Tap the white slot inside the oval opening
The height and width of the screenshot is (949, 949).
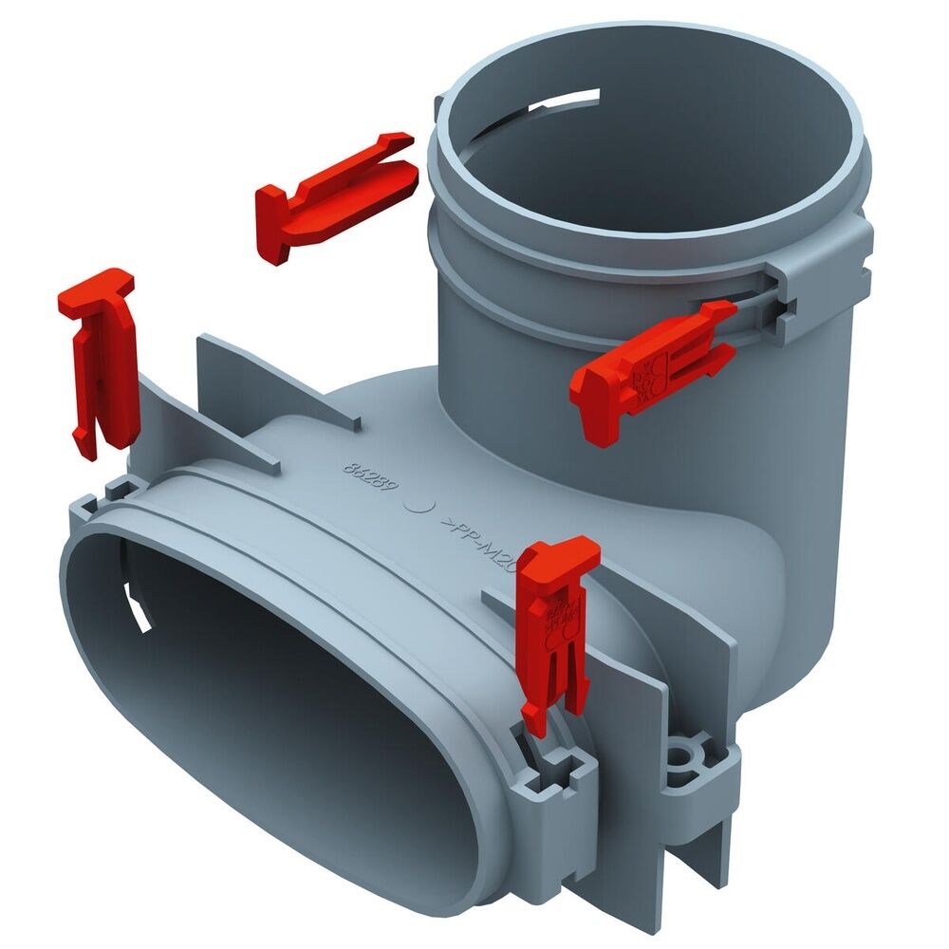point(140,607)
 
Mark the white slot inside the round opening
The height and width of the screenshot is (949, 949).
point(570,100)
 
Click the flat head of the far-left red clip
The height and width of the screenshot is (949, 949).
point(96,285)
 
